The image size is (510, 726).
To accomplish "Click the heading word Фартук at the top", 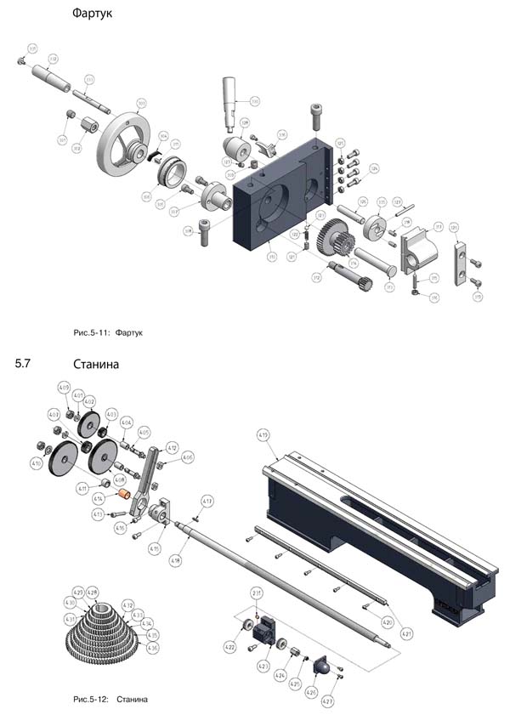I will coord(93,14).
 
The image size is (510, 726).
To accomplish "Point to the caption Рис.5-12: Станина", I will coord(110,699).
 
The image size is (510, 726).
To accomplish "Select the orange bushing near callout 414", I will coord(122,495).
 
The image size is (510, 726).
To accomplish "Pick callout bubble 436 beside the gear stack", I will coord(153,648).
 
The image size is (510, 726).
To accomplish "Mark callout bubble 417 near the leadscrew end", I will coord(207,501).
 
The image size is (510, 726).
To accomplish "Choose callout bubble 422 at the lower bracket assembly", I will coord(229,648).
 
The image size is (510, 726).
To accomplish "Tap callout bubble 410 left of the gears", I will coord(36,463).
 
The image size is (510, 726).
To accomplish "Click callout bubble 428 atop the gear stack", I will coord(93,591).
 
